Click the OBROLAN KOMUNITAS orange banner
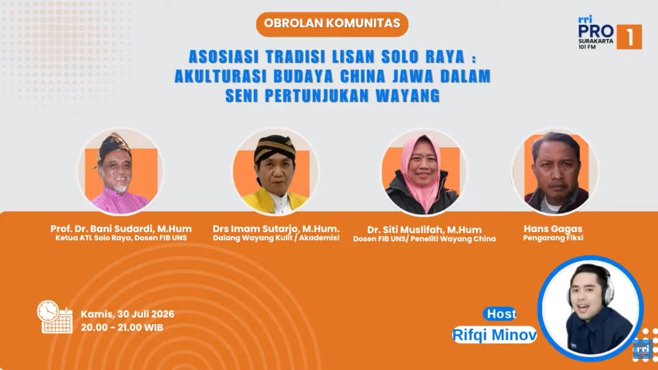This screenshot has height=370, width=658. pyautogui.click(x=332, y=24)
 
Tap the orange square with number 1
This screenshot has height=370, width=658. pyautogui.click(x=629, y=37)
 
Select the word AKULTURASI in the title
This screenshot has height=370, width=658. pyautogui.click(x=221, y=76)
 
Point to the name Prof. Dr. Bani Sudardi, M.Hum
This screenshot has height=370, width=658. pyautogui.click(x=121, y=229)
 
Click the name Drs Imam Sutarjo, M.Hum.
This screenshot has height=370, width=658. pyautogui.click(x=276, y=229)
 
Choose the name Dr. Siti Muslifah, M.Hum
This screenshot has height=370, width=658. pyautogui.click(x=425, y=230)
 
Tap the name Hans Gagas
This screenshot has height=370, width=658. pyautogui.click(x=553, y=229)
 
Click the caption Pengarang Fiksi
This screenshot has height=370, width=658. pyautogui.click(x=553, y=238)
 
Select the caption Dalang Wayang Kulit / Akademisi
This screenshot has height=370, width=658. pyautogui.click(x=276, y=238)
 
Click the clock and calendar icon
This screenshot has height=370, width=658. pyautogui.click(x=55, y=317)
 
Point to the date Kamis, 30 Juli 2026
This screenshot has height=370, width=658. pyautogui.click(x=127, y=314)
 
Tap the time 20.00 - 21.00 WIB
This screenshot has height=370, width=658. pyautogui.click(x=122, y=328)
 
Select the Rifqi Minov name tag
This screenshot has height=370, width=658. pyautogui.click(x=495, y=335)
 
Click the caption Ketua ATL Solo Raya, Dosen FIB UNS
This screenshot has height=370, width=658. pyautogui.click(x=121, y=238)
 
